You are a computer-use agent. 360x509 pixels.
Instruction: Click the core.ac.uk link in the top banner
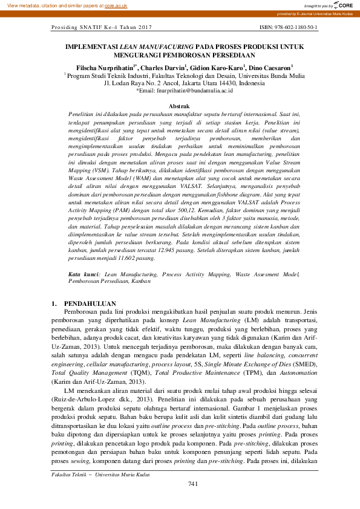point(116,5)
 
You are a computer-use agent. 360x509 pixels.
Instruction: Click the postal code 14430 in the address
point(226,83)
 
